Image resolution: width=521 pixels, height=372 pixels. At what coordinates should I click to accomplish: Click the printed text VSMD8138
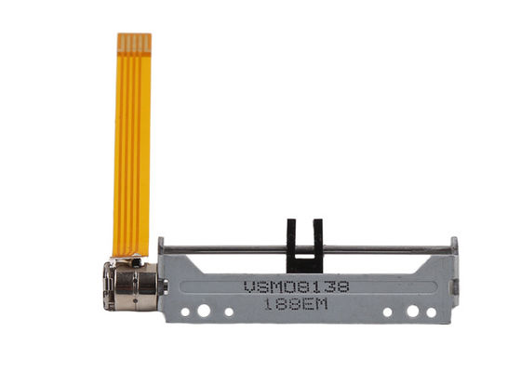297,287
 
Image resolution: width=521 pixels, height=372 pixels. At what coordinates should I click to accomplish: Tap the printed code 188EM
296,304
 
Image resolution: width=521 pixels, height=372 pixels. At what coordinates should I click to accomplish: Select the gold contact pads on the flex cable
135,43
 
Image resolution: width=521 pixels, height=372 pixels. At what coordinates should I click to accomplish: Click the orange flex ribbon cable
132,145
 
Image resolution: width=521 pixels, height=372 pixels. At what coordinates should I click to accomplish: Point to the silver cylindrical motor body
131,286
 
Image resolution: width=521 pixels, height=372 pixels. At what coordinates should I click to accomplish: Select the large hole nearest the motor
204,311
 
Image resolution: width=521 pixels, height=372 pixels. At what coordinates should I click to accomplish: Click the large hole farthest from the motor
413,312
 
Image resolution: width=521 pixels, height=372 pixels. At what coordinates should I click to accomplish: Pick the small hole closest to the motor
185,312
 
